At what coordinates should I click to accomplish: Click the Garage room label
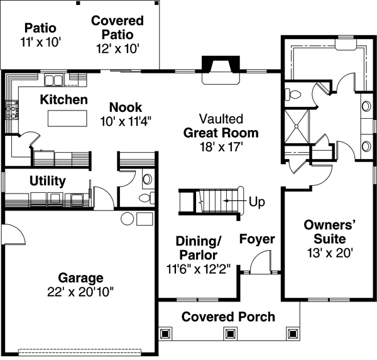coord(80,278)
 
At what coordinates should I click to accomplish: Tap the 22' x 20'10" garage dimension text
coord(80,292)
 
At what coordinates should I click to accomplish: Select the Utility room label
coord(48,182)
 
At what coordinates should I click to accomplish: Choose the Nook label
coord(126,107)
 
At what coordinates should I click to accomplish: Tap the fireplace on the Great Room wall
coord(220,65)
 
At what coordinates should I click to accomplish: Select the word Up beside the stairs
coord(257,202)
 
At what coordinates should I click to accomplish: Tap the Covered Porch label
coord(228,316)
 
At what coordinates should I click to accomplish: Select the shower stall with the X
coord(298,127)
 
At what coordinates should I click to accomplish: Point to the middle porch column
coord(229,332)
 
